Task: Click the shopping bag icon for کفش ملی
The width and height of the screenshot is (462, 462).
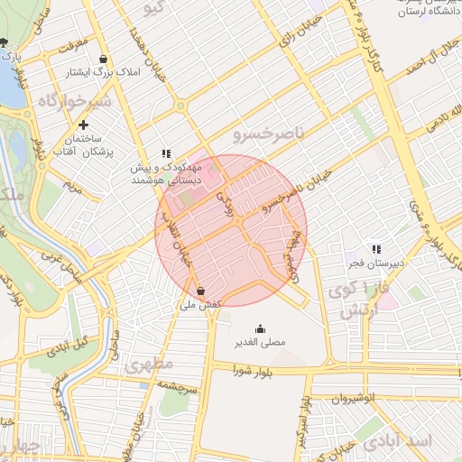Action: [200, 291]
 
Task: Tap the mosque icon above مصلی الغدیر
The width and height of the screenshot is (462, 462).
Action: [261, 328]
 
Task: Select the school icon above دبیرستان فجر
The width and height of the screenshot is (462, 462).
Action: [376, 248]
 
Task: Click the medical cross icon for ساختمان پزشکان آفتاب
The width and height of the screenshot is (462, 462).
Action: [84, 125]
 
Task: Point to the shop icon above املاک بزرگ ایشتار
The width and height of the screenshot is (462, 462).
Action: [104, 58]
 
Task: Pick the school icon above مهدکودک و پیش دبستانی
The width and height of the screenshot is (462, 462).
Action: [165, 154]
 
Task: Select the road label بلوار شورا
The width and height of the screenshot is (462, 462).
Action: [253, 370]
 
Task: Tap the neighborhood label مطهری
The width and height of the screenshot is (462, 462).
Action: [149, 367]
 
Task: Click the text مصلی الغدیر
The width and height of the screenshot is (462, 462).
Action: [260, 343]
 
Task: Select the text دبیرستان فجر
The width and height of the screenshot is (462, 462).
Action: [376, 263]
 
